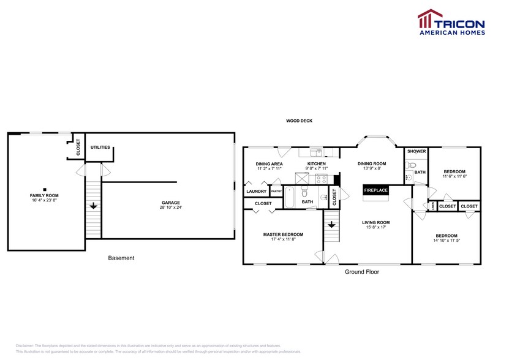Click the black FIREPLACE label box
point(376,190)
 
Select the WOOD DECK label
point(300,121)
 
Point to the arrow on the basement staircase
point(93,206)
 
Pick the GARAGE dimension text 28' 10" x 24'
point(170,207)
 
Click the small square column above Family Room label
point(45,189)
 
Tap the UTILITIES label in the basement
point(100,148)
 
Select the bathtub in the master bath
point(291,198)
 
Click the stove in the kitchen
point(322,179)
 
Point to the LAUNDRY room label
point(256,192)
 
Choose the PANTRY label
point(276,192)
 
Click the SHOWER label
point(417,151)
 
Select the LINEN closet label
point(433,206)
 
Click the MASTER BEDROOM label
point(283,234)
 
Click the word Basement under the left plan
point(121,258)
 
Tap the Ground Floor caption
point(361,271)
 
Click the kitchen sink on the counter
point(315,152)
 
